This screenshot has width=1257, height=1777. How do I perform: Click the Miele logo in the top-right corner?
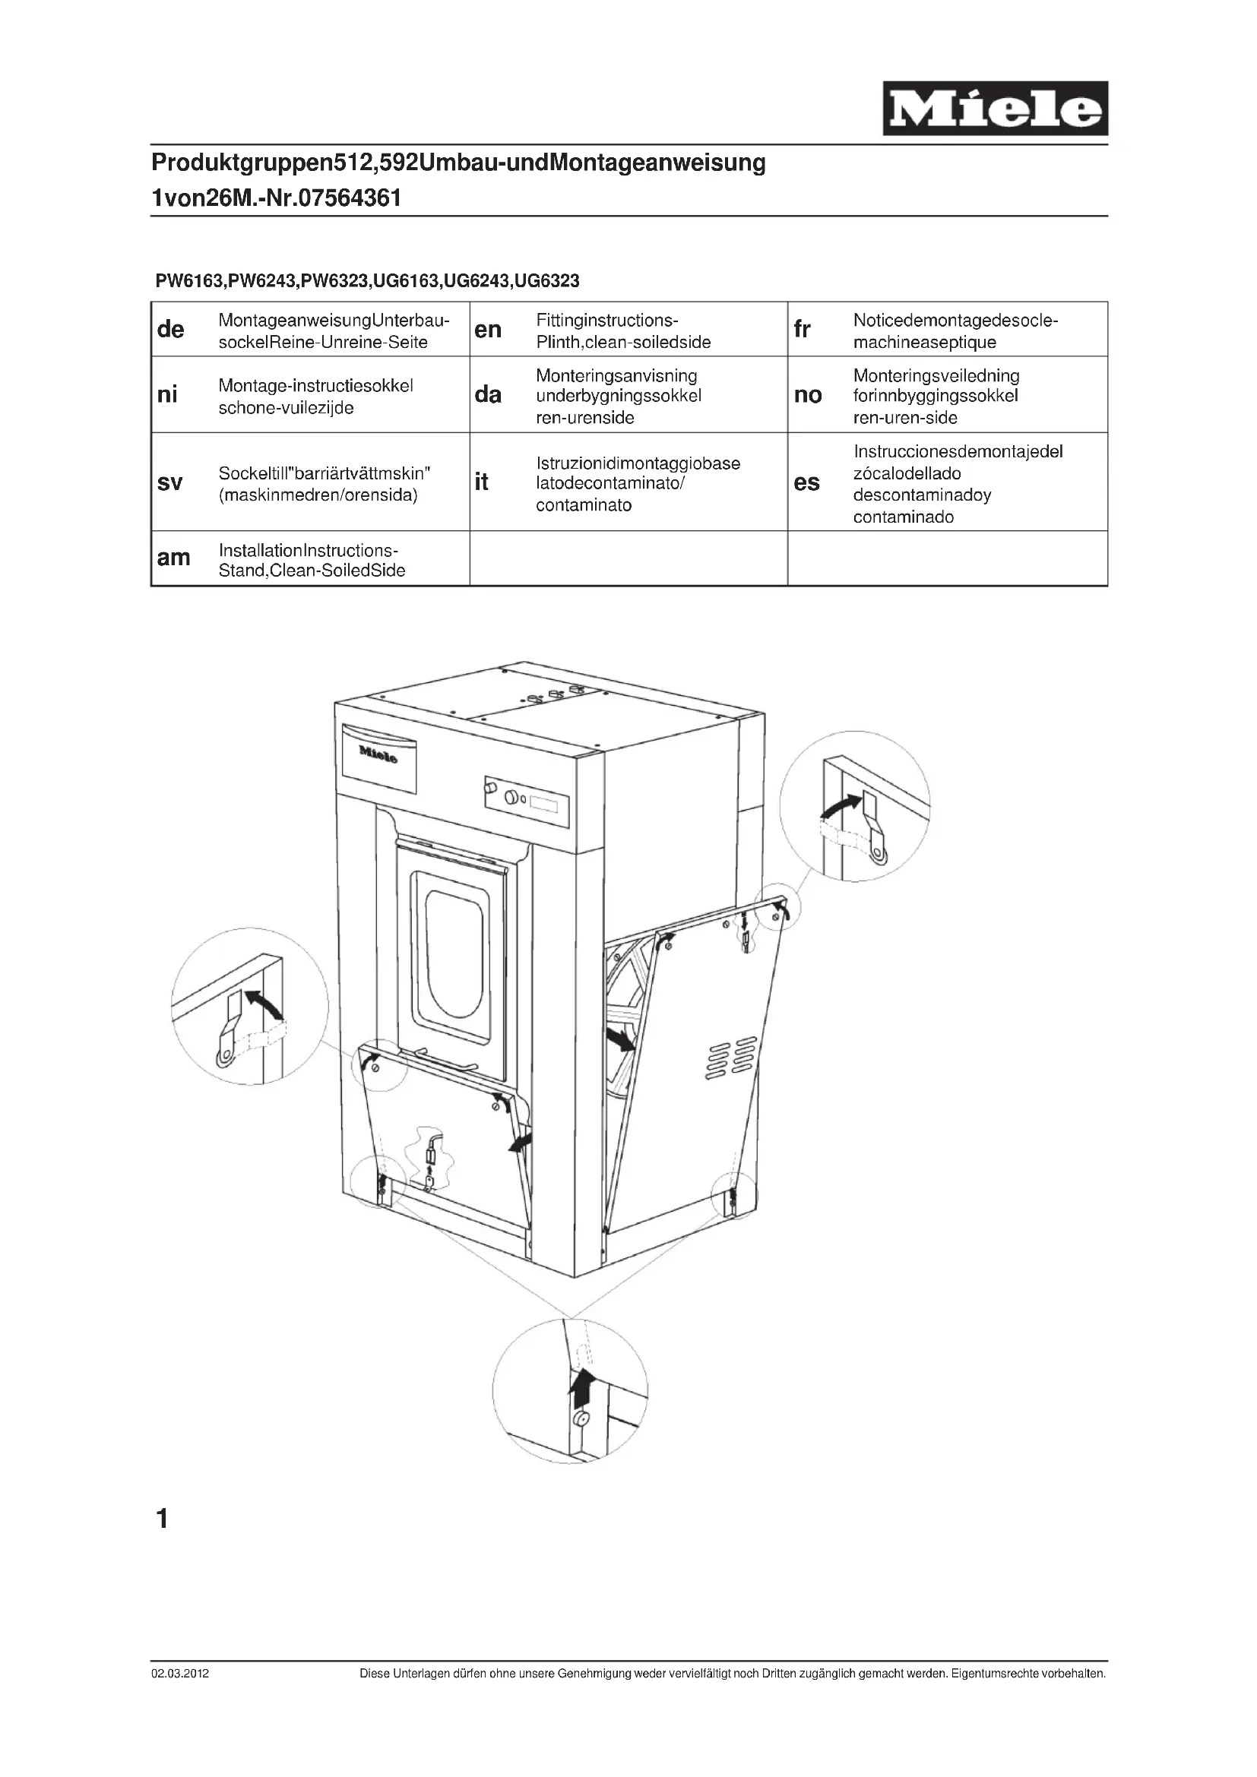point(995,109)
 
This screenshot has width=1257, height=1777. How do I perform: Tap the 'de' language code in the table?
point(170,330)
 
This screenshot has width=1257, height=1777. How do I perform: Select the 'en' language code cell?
point(488,330)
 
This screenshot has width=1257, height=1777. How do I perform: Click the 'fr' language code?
point(802,330)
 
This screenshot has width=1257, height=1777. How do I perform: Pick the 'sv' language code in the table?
point(169,483)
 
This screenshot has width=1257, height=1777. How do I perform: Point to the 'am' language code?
point(173,558)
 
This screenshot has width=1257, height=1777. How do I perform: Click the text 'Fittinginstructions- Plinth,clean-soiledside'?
point(622,331)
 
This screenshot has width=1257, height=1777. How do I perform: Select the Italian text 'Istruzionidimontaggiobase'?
point(638,463)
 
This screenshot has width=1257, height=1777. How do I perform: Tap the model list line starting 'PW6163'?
point(367,281)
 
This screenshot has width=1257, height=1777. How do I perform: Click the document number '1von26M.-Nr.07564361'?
point(277,198)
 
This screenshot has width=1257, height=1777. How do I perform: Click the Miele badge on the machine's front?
point(378,754)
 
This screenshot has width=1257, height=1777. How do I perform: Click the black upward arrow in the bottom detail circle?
point(581,1390)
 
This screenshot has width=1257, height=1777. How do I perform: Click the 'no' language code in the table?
point(808,396)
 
